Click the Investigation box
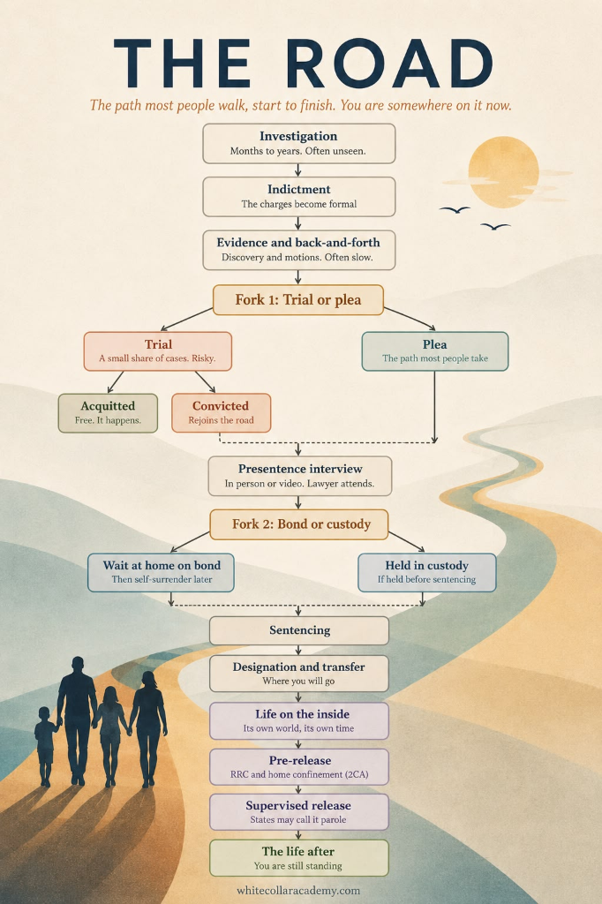[x=298, y=144]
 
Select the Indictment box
[x=298, y=197]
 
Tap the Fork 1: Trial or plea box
[x=298, y=300]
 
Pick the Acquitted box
[x=108, y=413]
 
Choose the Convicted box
[x=221, y=413]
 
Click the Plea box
[x=435, y=351]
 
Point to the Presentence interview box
[x=300, y=476]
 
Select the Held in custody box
[x=426, y=572]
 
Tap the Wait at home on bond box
[x=161, y=572]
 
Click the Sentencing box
[x=298, y=630]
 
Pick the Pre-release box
[x=298, y=767]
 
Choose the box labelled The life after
[x=298, y=858]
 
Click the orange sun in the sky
[x=503, y=172]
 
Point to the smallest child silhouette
[x=45, y=746]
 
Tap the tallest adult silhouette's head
[x=78, y=666]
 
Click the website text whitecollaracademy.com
[x=298, y=890]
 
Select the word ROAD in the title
[x=389, y=64]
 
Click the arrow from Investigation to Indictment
[x=298, y=170]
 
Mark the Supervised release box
[x=298, y=812]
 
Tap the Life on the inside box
[x=298, y=720]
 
